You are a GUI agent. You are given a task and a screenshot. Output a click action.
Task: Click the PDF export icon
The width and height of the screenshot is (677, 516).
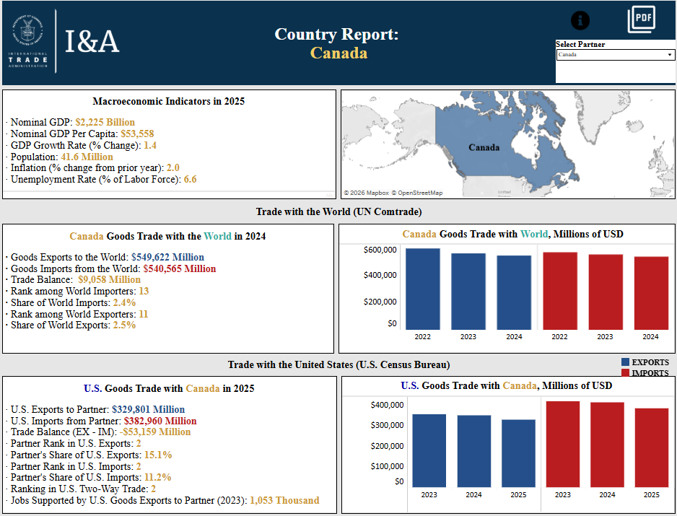click(x=641, y=19)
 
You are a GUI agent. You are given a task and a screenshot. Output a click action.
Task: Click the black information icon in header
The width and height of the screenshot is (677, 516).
click(x=580, y=21)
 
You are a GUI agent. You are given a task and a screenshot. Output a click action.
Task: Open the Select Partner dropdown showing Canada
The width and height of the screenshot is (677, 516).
click(x=615, y=55)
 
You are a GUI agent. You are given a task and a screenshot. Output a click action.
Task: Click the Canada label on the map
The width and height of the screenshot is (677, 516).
click(x=484, y=147)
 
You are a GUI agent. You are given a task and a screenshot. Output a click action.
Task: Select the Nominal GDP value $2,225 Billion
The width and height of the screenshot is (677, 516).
click(x=105, y=123)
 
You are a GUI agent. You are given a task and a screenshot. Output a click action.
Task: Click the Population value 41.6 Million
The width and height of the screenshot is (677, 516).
click(x=87, y=157)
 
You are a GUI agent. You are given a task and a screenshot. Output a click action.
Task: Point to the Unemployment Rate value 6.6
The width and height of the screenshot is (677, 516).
click(x=190, y=179)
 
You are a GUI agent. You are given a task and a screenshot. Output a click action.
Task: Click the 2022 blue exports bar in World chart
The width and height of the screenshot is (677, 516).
click(x=422, y=289)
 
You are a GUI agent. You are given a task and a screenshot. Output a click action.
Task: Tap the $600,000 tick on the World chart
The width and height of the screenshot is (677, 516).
click(x=380, y=250)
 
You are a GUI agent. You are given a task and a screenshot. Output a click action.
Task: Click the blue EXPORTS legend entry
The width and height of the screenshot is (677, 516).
click(x=645, y=362)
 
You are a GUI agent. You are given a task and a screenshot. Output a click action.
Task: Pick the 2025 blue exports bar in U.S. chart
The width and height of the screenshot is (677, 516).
click(x=518, y=453)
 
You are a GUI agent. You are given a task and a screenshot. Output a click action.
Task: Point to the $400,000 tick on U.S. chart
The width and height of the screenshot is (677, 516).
click(x=387, y=405)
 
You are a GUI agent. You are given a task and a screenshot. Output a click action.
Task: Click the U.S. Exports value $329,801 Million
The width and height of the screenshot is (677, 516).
click(x=148, y=409)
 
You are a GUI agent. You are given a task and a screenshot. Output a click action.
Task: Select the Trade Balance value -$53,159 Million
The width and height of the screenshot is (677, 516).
click(x=154, y=432)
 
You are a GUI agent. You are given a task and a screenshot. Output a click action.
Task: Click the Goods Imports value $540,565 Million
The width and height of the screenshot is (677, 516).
click(x=179, y=268)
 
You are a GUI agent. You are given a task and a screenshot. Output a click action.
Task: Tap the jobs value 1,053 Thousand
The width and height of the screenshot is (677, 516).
click(x=284, y=500)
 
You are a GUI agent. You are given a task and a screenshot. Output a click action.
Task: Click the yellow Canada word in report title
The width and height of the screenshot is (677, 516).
click(x=338, y=53)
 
